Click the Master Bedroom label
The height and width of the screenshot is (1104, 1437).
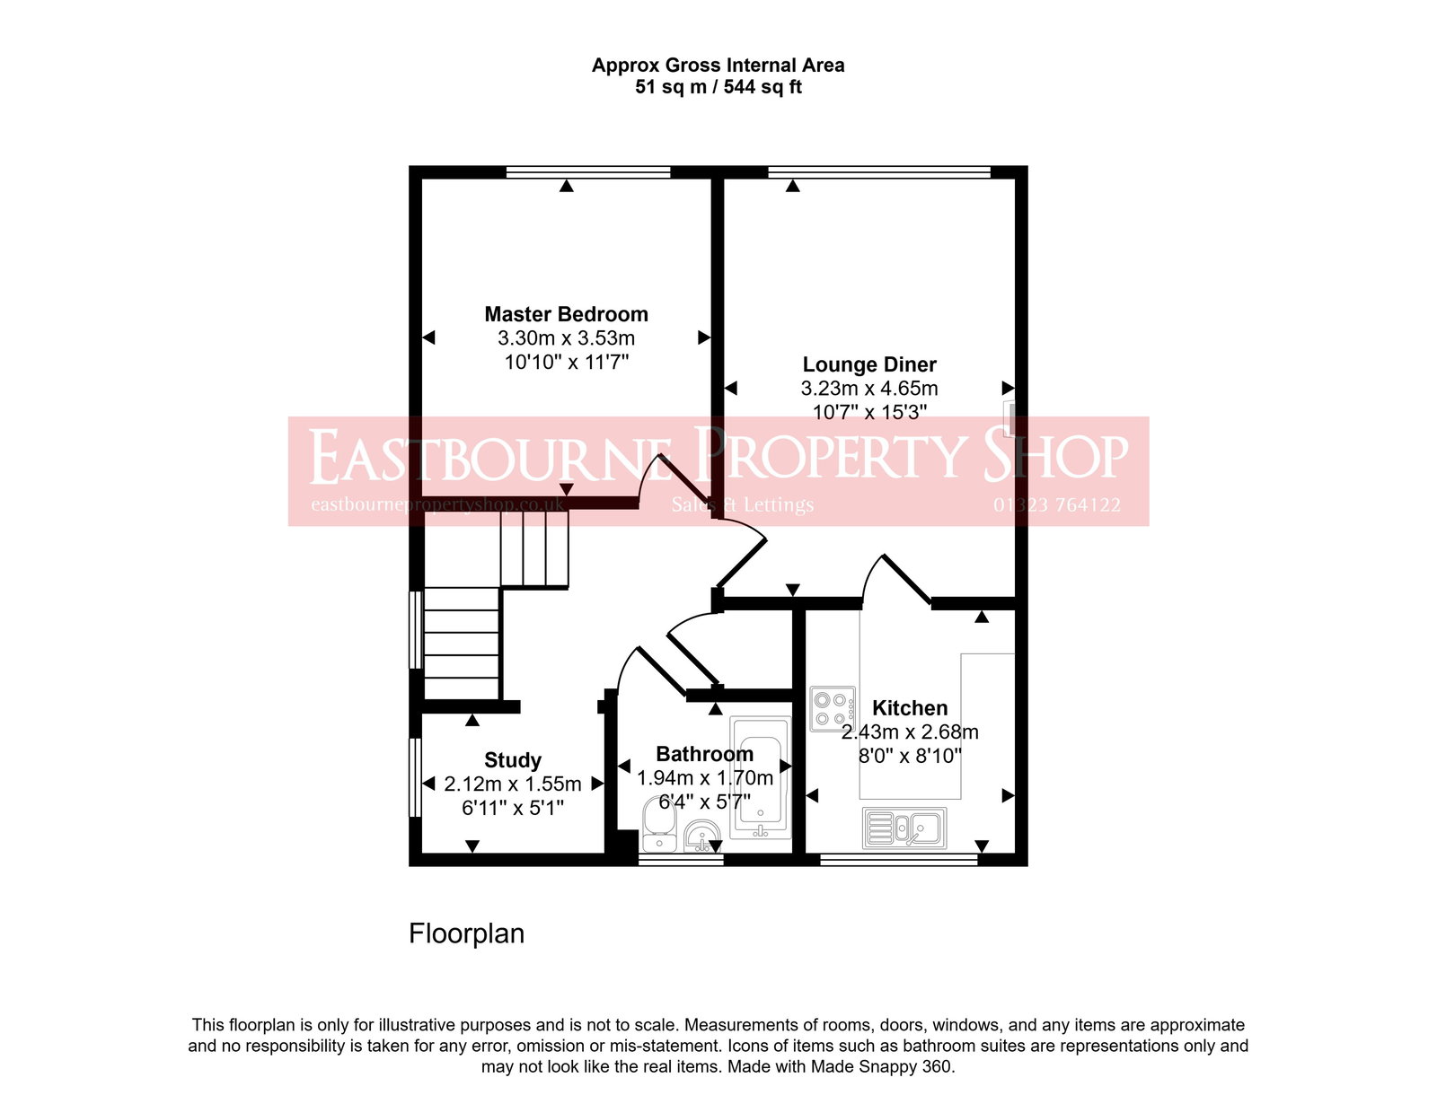point(566,314)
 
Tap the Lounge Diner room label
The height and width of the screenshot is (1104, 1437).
point(868,364)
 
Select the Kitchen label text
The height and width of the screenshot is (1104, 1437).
point(909,707)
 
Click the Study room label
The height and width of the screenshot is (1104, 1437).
point(512,760)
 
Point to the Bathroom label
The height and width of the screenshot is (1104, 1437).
point(704,754)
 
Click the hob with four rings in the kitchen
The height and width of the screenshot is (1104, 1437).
point(832,709)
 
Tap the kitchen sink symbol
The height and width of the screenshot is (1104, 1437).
point(904,828)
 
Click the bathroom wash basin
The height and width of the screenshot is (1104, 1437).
point(701,837)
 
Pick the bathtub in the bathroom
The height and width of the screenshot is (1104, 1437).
point(761,777)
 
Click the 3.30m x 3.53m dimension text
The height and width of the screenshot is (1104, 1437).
point(566,338)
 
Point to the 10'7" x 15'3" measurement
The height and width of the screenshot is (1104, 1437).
point(868,412)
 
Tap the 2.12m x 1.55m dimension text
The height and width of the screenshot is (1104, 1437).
point(512,784)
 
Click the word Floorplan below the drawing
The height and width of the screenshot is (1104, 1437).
point(466,933)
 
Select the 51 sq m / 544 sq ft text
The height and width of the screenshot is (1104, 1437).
point(718,87)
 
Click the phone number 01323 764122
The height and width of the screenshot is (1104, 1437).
point(1056,505)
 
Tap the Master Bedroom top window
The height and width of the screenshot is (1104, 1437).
point(588,172)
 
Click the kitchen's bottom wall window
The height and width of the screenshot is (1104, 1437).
point(898,860)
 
